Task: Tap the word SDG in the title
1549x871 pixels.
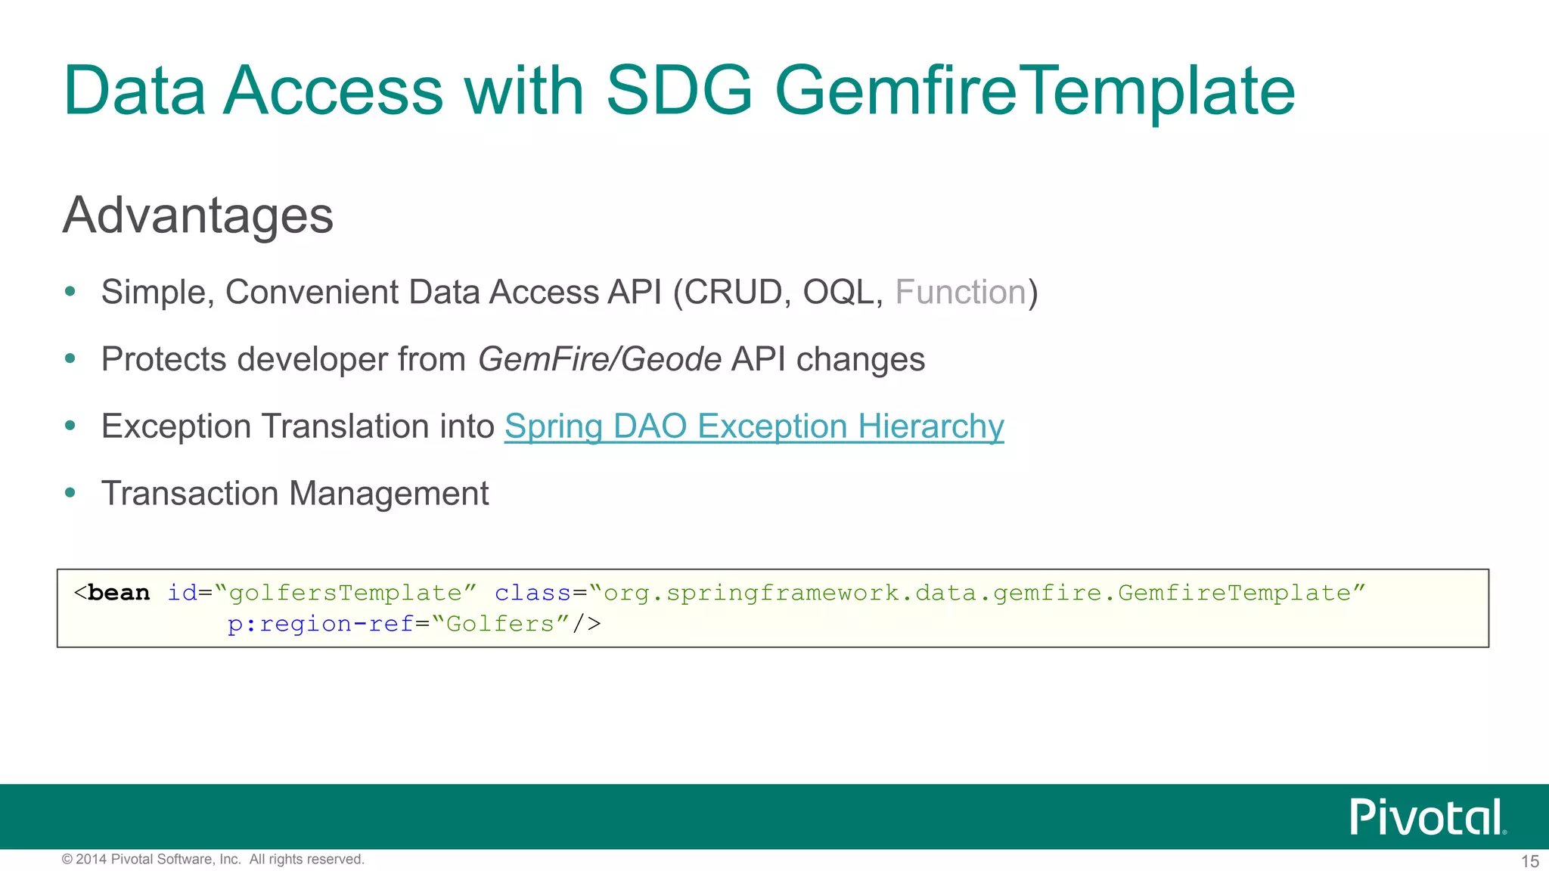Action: [678, 91]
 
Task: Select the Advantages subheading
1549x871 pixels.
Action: [197, 215]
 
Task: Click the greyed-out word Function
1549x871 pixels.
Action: [960, 293]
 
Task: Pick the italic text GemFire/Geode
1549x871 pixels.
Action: [600, 359]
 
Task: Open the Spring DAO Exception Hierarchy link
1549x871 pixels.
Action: [754, 426]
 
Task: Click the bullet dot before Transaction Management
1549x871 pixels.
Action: [70, 493]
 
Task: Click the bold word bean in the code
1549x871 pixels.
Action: [119, 593]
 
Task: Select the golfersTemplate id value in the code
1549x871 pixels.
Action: [346, 593]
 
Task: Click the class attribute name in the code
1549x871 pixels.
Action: [532, 593]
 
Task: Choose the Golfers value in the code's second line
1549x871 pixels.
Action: [500, 625]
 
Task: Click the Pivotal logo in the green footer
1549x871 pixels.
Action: [1427, 817]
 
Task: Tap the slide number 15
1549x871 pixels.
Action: [1529, 861]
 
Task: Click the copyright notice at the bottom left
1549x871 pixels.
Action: [213, 860]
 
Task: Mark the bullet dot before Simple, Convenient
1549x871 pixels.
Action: [70, 292]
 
